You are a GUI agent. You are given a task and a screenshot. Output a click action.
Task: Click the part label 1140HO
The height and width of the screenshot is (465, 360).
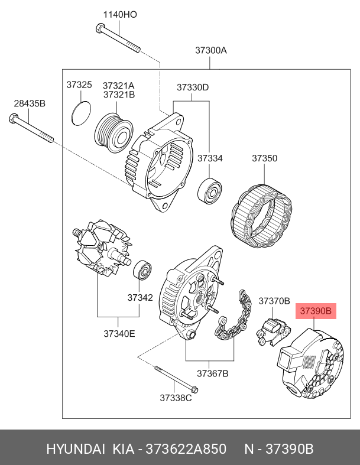click(120, 15)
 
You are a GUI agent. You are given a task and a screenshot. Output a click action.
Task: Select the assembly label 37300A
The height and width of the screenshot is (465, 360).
click(210, 50)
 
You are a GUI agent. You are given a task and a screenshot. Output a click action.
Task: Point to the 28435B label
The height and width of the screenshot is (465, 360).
click(30, 104)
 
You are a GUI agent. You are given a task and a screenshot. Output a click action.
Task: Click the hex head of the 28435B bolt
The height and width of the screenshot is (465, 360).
click(13, 118)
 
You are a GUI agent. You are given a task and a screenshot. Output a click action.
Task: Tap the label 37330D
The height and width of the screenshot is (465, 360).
click(193, 87)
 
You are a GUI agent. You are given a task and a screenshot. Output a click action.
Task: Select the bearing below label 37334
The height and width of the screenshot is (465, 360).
click(209, 191)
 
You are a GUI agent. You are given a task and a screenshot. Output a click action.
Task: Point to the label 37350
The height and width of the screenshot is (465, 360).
click(264, 158)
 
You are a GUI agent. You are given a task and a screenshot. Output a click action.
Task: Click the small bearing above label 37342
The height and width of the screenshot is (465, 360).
click(142, 270)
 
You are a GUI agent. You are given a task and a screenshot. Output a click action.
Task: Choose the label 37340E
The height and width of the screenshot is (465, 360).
click(119, 334)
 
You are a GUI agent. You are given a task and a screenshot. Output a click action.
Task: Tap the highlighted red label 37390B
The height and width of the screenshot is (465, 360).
click(316, 311)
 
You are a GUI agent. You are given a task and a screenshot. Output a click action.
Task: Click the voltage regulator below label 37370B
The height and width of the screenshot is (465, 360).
click(273, 331)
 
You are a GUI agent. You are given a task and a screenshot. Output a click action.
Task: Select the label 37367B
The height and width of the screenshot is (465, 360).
click(212, 373)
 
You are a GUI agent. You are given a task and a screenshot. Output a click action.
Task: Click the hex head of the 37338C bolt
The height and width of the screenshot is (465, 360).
click(194, 389)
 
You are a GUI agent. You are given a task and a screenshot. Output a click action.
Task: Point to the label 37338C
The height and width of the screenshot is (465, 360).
click(176, 398)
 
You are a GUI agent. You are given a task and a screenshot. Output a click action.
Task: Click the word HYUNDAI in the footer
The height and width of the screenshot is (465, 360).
click(76, 449)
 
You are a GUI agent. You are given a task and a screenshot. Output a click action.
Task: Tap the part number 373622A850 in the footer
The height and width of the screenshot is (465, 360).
click(186, 449)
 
